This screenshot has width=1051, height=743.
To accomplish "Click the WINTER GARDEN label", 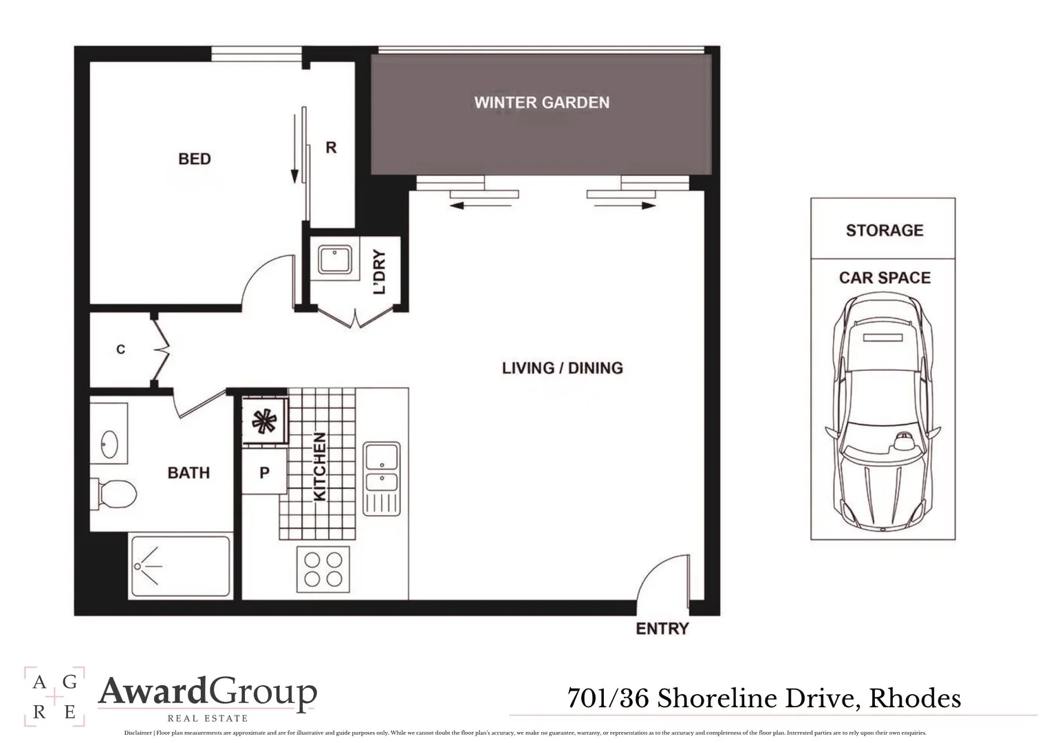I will (541, 103).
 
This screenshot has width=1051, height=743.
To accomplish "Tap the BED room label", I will (194, 159).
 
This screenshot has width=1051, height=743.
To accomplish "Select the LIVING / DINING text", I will (562, 368).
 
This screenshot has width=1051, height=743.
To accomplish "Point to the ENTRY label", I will (662, 629).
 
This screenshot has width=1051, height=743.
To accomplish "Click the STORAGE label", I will (884, 230).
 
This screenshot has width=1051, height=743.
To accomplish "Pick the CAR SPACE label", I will (884, 278).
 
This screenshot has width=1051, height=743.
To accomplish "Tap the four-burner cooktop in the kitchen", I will (323, 569).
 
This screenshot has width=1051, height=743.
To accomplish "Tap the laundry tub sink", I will (334, 261).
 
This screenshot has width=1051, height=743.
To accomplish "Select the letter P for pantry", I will (264, 473).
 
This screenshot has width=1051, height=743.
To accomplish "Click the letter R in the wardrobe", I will (331, 148).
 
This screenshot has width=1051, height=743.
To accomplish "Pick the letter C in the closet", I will (120, 349).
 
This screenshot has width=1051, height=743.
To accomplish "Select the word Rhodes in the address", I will (915, 698).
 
